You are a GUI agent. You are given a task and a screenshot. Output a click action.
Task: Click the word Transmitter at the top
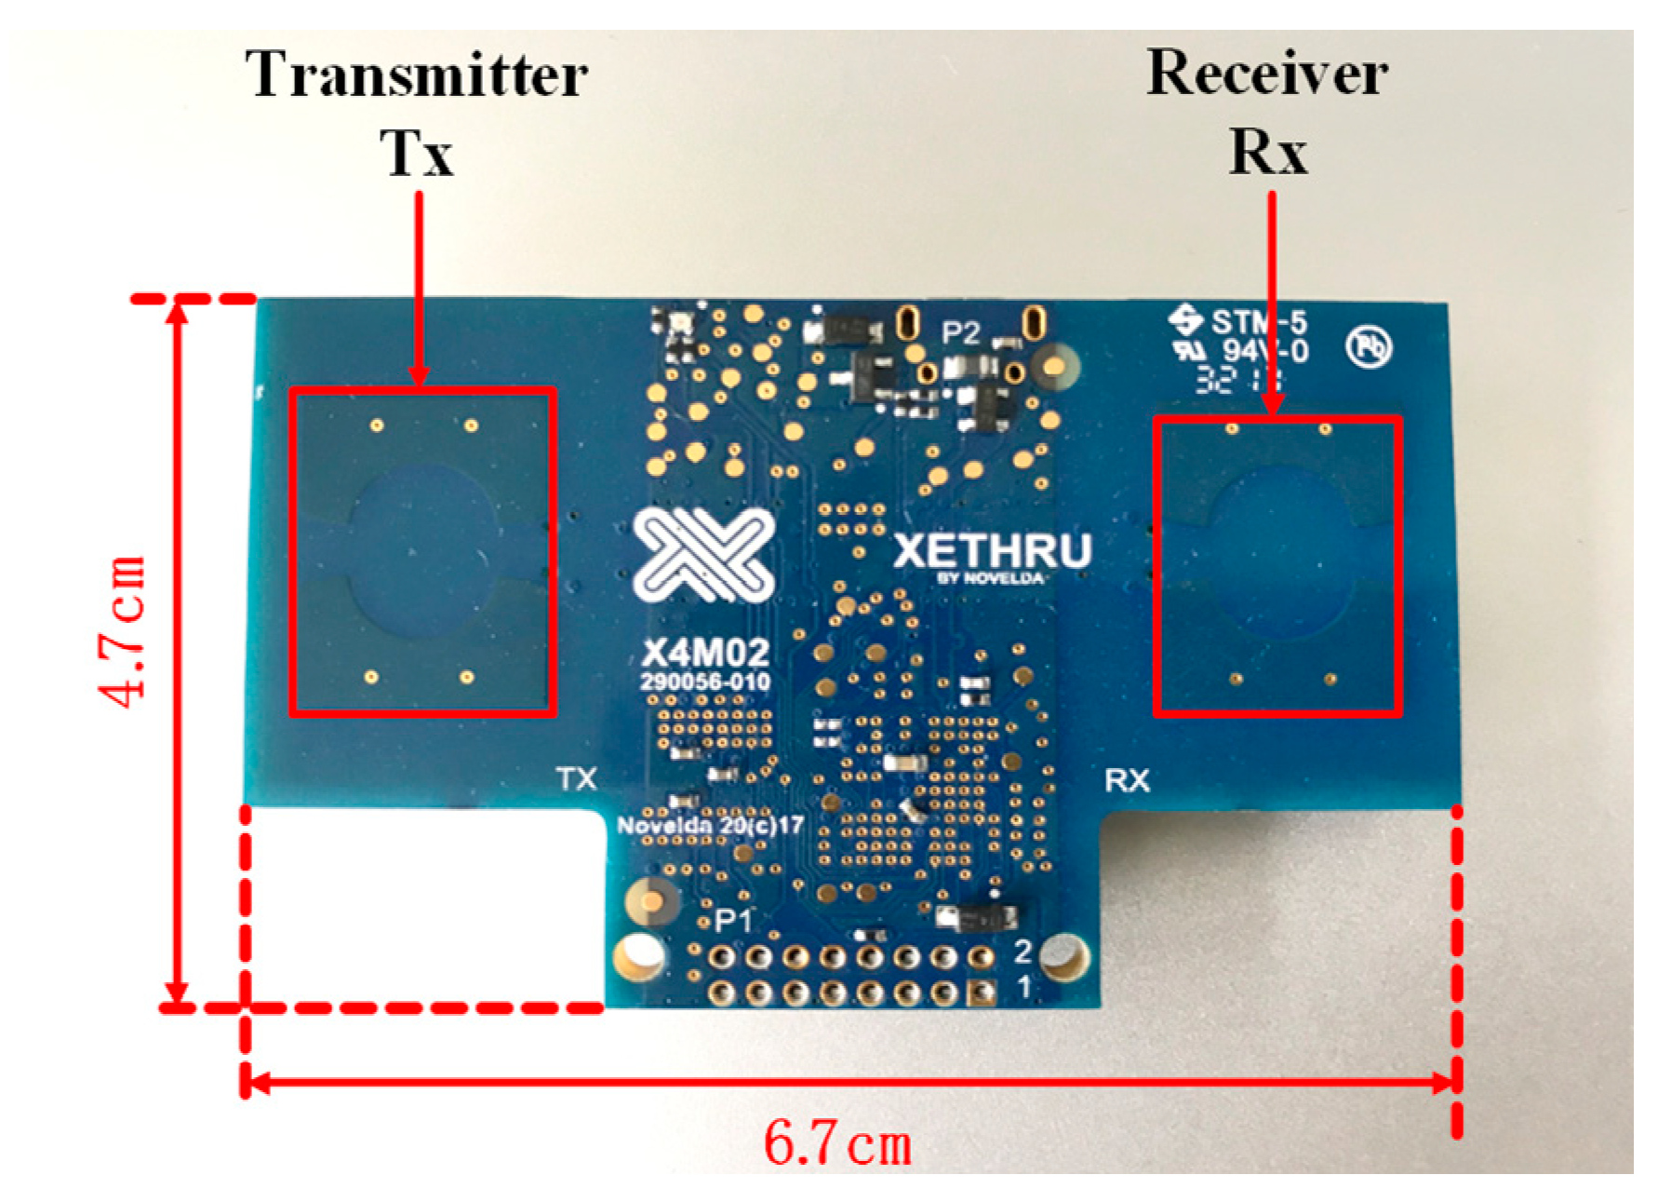(416, 74)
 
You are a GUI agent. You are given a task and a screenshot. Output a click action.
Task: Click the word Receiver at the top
(1267, 73)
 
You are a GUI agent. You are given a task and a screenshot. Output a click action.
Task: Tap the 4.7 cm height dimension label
(123, 632)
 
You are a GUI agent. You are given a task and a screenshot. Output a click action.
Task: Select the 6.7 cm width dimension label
(836, 1143)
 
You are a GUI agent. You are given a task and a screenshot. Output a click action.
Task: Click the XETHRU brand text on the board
(992, 551)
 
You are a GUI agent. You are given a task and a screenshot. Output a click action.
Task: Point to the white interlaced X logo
(703, 555)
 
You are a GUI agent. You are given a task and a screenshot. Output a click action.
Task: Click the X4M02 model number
(705, 652)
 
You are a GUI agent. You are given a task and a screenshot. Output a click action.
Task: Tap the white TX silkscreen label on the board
(576, 778)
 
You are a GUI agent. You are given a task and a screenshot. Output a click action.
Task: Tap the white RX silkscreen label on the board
(1127, 780)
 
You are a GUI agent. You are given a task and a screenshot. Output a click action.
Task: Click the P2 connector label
(960, 332)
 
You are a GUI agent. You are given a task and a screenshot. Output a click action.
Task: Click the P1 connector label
(732, 921)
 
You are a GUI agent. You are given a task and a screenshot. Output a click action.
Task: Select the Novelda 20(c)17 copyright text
(710, 826)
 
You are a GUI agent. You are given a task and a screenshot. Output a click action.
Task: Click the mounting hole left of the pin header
(639, 955)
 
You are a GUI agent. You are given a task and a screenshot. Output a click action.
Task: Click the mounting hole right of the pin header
(1063, 955)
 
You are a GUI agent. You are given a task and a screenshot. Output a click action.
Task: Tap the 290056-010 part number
(705, 682)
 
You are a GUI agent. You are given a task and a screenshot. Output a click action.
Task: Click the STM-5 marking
(1258, 322)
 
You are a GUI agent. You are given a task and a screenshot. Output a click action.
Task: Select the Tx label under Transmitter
(416, 153)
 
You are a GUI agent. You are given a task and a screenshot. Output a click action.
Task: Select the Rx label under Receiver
(1267, 151)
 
